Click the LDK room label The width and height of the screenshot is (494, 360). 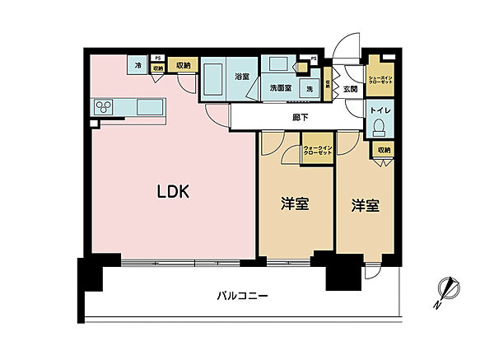click(174, 193)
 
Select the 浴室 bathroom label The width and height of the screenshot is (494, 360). click(241, 76)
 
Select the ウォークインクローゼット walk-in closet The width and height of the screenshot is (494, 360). click(317, 150)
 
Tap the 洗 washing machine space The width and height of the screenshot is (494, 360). click(310, 87)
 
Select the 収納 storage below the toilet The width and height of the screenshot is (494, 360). click(384, 150)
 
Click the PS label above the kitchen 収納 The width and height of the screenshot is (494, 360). click(158, 58)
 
